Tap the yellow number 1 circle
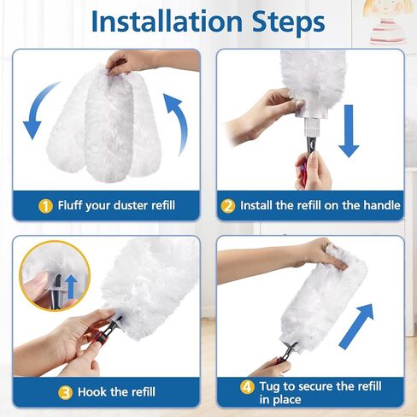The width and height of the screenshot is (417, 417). pyautogui.click(x=44, y=205)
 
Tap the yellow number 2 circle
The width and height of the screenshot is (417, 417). pyautogui.click(x=228, y=205)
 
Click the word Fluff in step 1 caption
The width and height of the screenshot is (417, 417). pyautogui.click(x=73, y=205)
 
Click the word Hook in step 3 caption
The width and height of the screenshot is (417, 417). pyautogui.click(x=93, y=391)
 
